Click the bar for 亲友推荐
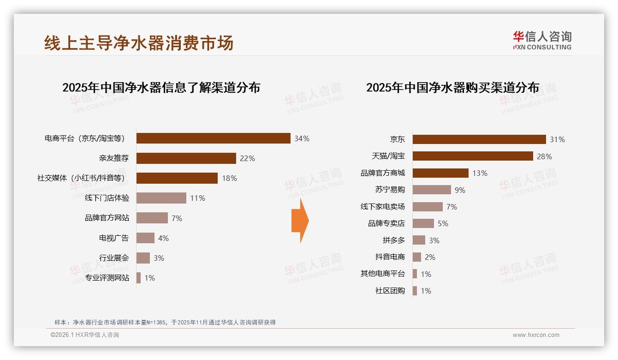point(186,158)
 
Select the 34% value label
point(302,138)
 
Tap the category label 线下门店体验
point(107,198)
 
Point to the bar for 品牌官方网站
point(152,218)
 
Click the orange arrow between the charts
point(300,221)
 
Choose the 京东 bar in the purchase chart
point(479,139)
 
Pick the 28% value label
point(544,156)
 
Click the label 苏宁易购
point(390,190)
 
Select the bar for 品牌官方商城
point(440,173)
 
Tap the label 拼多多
point(393,240)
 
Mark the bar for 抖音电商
point(417,257)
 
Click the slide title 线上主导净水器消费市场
point(139,43)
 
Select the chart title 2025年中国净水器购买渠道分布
point(452,87)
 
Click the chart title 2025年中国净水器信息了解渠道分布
point(161,87)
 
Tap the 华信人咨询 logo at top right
point(542,40)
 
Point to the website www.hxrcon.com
point(536,335)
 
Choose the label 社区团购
point(390,291)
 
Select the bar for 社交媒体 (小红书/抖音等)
point(177,178)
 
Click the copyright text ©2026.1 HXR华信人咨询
point(85,335)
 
